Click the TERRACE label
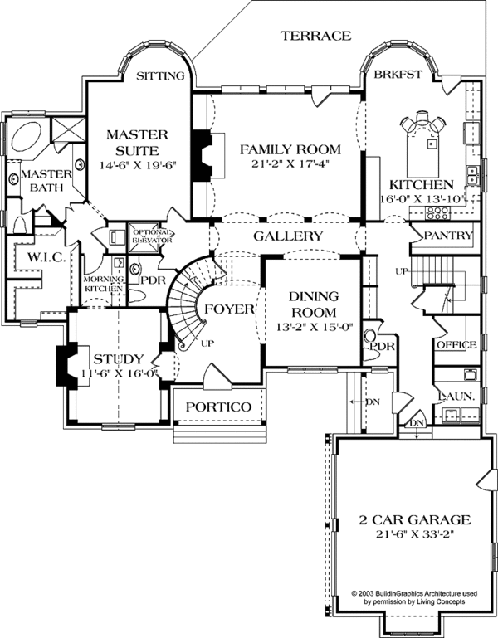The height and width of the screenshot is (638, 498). click(315, 36)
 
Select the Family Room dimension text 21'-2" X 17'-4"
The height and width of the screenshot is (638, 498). click(290, 165)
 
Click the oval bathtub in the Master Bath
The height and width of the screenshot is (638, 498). click(28, 135)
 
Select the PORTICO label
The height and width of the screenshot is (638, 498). click(218, 407)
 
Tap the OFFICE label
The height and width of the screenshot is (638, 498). click(456, 345)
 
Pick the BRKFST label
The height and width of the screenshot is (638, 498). click(398, 75)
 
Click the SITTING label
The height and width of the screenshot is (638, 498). click(159, 75)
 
